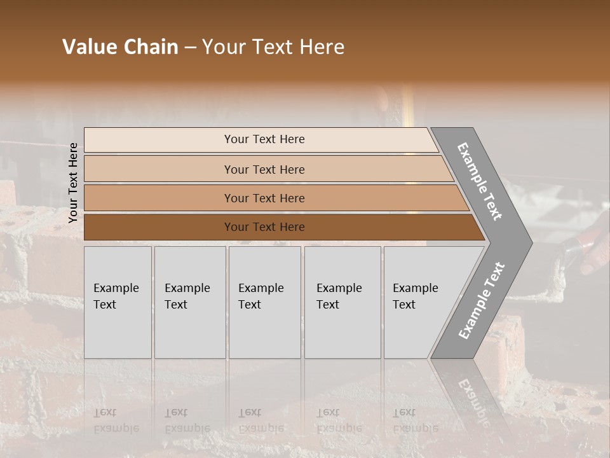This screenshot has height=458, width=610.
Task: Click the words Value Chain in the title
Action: coord(120,47)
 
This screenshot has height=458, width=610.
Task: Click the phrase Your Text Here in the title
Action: coord(273,47)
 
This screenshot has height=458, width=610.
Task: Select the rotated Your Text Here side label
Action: coord(73,183)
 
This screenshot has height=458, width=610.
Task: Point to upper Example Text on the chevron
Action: coord(480,181)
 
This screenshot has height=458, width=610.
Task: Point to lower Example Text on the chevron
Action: coord(482,301)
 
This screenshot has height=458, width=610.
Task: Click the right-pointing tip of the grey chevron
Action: coord(528,243)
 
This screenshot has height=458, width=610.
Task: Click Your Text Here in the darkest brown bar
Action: coord(264,227)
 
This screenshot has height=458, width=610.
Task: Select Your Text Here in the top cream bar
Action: coord(264,139)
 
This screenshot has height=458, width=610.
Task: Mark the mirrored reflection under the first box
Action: coord(116,420)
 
